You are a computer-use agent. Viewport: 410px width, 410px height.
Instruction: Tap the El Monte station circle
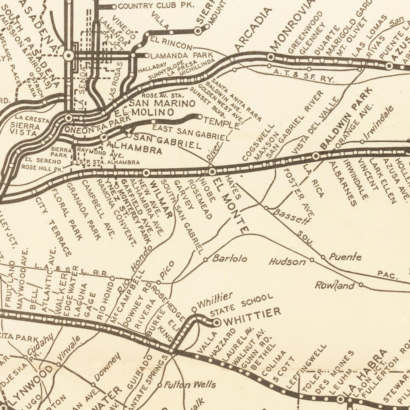[x=212, y=172]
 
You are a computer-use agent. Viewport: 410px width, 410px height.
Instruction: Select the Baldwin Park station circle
[x=316, y=156]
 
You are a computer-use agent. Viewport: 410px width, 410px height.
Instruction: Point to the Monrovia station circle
[x=271, y=57]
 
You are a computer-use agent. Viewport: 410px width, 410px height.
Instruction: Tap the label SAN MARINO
[x=162, y=104]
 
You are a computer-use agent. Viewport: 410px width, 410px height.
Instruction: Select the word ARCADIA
[x=254, y=30]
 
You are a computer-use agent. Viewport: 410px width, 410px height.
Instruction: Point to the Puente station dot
[x=323, y=257]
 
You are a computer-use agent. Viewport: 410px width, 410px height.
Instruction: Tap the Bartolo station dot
[x=206, y=259]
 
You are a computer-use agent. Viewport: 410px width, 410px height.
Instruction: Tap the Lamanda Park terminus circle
[x=147, y=56]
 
